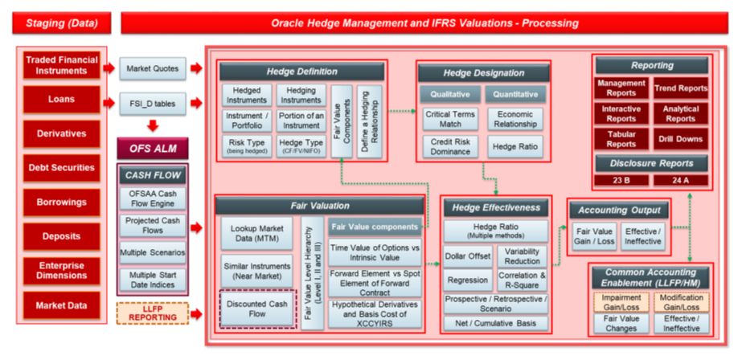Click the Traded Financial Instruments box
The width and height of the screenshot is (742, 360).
[x=62, y=65]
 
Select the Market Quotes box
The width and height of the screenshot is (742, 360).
[x=153, y=68]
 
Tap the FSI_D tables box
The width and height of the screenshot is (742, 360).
[x=153, y=103]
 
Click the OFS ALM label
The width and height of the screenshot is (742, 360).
[x=152, y=148]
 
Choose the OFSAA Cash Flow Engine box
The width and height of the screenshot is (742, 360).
[x=152, y=198]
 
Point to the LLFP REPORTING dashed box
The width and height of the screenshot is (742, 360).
[x=152, y=312]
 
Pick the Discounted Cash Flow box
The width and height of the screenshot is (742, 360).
[x=257, y=309]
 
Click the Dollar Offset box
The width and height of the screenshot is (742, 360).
[x=467, y=256]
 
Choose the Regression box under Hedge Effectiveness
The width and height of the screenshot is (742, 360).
[x=467, y=280]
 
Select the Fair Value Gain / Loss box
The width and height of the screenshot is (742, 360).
[x=594, y=235]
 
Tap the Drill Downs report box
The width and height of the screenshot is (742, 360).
[x=680, y=139]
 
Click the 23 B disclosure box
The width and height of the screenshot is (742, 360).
[x=621, y=180]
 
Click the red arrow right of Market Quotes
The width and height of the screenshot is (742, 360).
[x=196, y=68]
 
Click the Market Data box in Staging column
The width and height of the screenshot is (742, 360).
[x=62, y=305]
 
